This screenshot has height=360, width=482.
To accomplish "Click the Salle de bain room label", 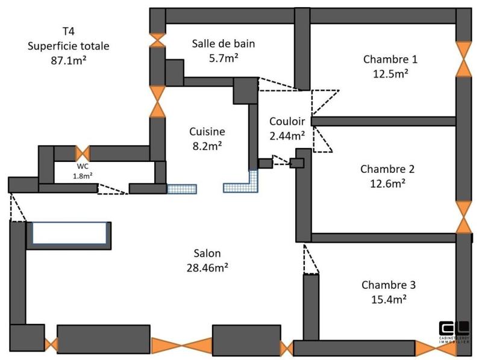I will pos(215,43).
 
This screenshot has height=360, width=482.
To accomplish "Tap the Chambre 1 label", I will pos(390,59).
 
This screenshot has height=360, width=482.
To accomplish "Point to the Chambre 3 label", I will pos(389,285).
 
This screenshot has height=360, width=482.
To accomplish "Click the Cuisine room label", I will pos(207,131).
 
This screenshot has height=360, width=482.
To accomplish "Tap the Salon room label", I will pos(207,253).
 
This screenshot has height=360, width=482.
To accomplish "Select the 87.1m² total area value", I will pos(68,60).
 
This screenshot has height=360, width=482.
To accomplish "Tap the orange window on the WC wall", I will pos(82,153).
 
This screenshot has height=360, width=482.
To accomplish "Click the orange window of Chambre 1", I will pos(463,59).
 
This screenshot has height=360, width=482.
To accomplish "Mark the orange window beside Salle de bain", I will pos(158,39).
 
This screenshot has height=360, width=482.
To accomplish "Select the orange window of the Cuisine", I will pos(157,101).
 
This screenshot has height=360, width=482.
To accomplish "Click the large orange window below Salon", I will pos(181,346).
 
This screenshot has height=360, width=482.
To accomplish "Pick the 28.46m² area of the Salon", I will pos(207,267).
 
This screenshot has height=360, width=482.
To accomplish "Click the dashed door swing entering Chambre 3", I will pos(311,259).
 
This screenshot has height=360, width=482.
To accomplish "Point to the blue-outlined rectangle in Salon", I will pos(69,233).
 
